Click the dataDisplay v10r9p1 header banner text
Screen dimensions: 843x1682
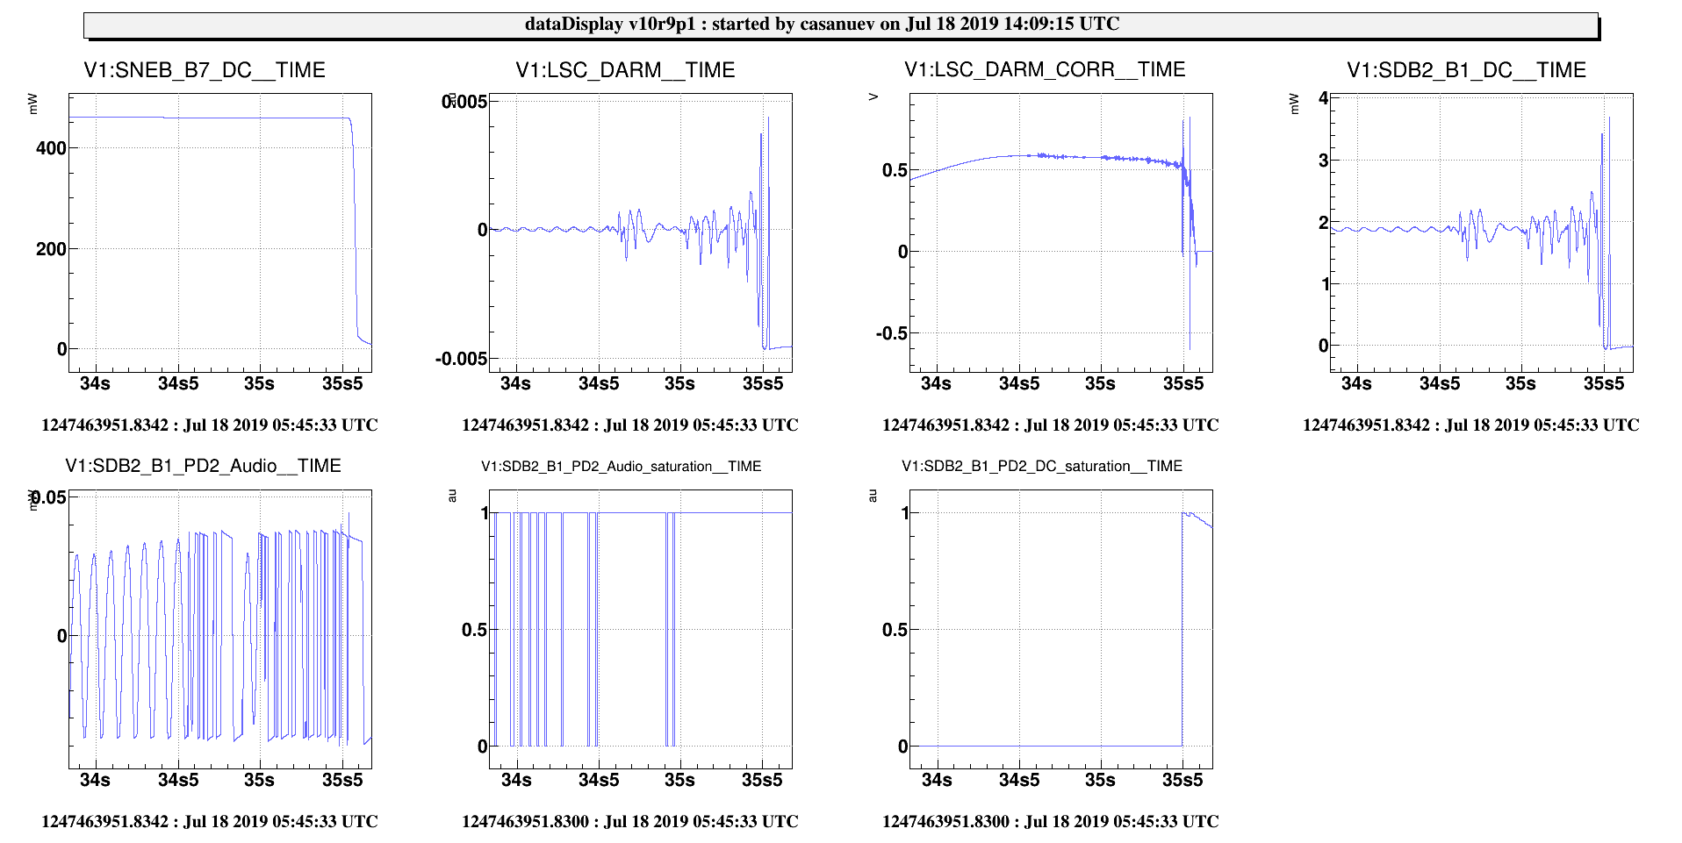822,24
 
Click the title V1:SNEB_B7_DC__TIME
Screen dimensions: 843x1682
205,70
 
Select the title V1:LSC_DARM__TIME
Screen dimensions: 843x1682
625,70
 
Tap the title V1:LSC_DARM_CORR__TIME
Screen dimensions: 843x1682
1045,69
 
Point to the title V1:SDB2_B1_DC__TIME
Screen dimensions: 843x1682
1466,70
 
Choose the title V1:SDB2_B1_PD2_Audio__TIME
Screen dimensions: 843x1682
203,466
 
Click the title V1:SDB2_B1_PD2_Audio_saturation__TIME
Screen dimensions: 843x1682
621,467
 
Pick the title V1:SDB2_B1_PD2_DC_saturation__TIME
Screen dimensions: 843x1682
1042,467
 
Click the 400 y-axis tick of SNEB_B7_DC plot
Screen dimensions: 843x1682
51,148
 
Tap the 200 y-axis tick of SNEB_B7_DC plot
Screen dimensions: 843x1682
51,249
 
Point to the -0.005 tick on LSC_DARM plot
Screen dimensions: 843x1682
461,359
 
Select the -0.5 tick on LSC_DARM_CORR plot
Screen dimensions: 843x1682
891,333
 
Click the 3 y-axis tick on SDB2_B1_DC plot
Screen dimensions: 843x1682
1323,161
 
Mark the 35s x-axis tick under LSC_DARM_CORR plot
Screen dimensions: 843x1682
1100,383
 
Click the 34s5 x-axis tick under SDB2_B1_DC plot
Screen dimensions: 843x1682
1440,383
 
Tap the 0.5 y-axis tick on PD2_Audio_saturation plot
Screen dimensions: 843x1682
474,630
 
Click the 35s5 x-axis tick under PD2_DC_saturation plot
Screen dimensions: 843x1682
1182,780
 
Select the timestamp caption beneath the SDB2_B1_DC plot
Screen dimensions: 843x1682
1470,425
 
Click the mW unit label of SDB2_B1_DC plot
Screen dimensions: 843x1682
1294,104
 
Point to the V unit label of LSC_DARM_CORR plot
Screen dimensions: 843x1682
873,97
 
